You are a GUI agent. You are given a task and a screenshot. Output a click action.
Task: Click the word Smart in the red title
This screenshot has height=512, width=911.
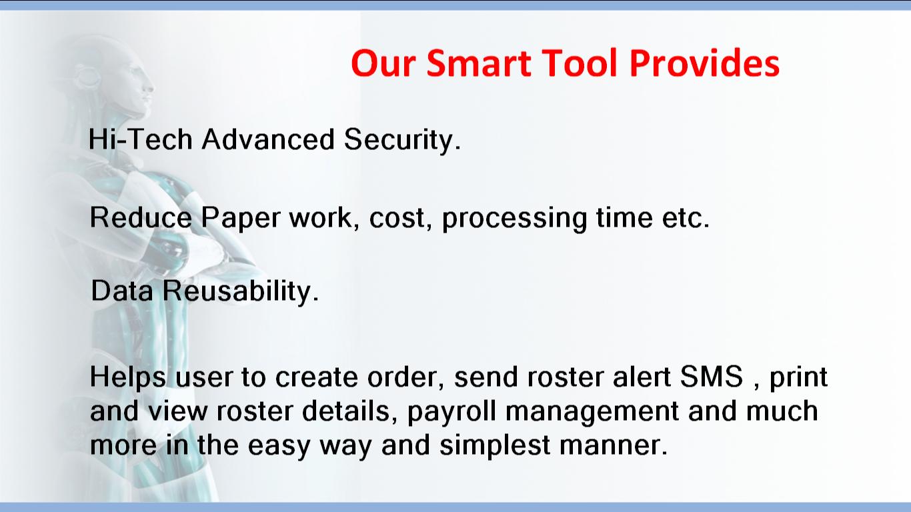(x=479, y=63)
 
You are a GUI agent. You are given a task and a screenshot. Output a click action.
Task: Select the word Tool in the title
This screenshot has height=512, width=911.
(x=580, y=63)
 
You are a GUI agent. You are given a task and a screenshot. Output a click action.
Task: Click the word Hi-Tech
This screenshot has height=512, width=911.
(x=140, y=139)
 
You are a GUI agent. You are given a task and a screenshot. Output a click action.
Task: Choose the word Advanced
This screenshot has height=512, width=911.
(x=268, y=139)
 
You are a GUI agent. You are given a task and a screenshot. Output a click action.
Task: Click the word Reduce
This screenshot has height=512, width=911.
(x=141, y=217)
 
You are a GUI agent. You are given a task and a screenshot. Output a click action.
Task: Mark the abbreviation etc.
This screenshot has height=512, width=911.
(x=686, y=218)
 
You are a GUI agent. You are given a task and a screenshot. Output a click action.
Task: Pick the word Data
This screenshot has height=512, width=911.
(x=122, y=291)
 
